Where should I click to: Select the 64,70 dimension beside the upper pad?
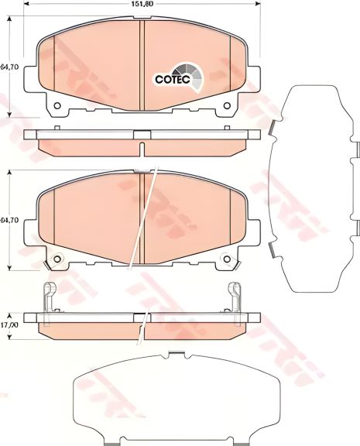coord(9,68)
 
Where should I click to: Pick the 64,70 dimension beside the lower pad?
coord(9,221)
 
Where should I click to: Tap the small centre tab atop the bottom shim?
coord(179,356)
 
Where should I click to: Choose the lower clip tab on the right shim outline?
coord(273,248)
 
